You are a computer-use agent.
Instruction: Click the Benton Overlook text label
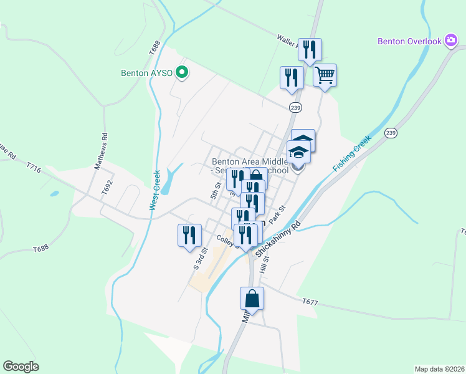[409, 42]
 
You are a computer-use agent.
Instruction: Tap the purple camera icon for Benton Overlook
[452, 41]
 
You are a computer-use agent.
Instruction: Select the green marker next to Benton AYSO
[183, 72]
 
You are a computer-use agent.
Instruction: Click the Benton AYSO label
[148, 72]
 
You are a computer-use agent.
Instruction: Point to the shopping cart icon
[325, 75]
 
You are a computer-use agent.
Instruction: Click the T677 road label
[310, 302]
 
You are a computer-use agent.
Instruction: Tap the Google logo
[21, 367]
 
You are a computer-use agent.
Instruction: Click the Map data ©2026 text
[440, 369]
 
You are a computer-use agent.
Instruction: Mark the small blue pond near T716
[54, 194]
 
